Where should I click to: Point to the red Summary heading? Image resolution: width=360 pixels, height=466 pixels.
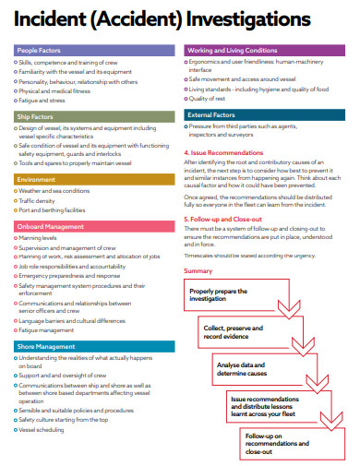coord(198,270)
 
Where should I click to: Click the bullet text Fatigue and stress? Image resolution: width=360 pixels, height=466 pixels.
coord(43,101)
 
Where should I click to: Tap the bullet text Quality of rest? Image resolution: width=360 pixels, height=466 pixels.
coord(210,98)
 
